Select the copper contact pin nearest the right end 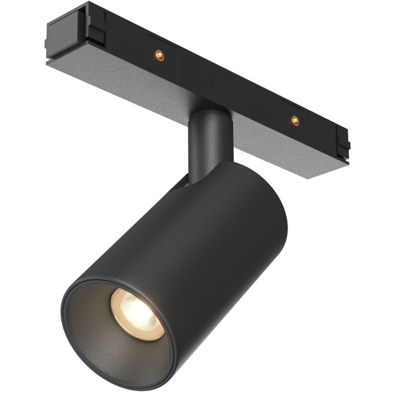[x=295, y=120]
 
